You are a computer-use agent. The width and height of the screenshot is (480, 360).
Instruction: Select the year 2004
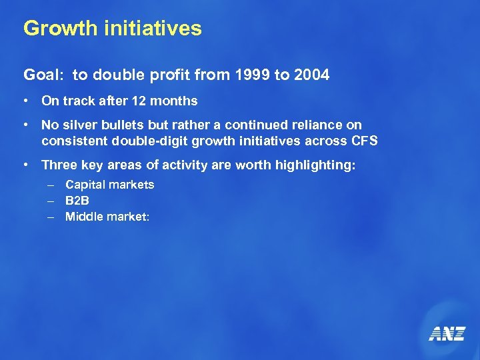click(x=311, y=75)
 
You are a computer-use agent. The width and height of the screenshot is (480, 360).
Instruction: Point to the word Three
click(x=59, y=165)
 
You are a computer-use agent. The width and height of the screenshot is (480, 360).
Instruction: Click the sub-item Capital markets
click(x=109, y=185)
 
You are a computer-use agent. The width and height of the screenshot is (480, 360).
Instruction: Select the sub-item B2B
click(x=77, y=200)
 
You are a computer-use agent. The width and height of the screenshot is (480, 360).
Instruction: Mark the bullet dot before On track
click(x=25, y=101)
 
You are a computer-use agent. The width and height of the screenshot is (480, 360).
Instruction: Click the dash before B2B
click(x=50, y=200)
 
